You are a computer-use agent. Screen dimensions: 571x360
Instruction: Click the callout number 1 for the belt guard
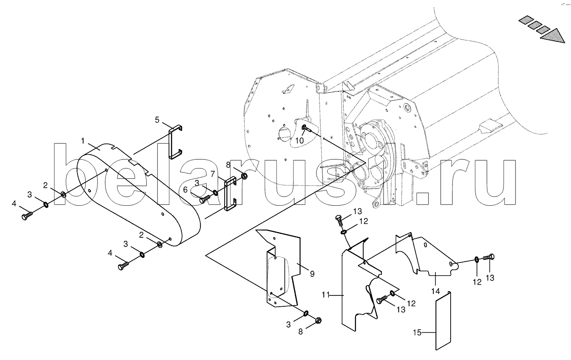[83, 141]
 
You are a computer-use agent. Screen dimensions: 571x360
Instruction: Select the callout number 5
[157, 120]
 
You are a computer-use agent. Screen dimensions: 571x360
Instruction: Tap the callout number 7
[213, 174]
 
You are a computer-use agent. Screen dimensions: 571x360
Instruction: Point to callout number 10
[300, 141]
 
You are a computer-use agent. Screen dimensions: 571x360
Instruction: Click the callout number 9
[312, 274]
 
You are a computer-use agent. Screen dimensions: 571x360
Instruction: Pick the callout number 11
[326, 295]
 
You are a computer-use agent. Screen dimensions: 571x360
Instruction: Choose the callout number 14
[436, 291]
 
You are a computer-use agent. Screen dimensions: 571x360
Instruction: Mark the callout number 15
[417, 333]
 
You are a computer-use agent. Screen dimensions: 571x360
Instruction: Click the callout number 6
[185, 190]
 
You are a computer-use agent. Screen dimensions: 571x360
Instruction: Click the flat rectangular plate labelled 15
[443, 321]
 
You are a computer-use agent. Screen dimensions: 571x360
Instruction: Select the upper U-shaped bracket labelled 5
[176, 142]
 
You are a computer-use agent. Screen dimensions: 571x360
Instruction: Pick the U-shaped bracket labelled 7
[231, 193]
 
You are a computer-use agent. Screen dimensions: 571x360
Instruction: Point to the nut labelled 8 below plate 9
[318, 320]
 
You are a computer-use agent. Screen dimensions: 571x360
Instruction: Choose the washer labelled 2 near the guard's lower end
[160, 245]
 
